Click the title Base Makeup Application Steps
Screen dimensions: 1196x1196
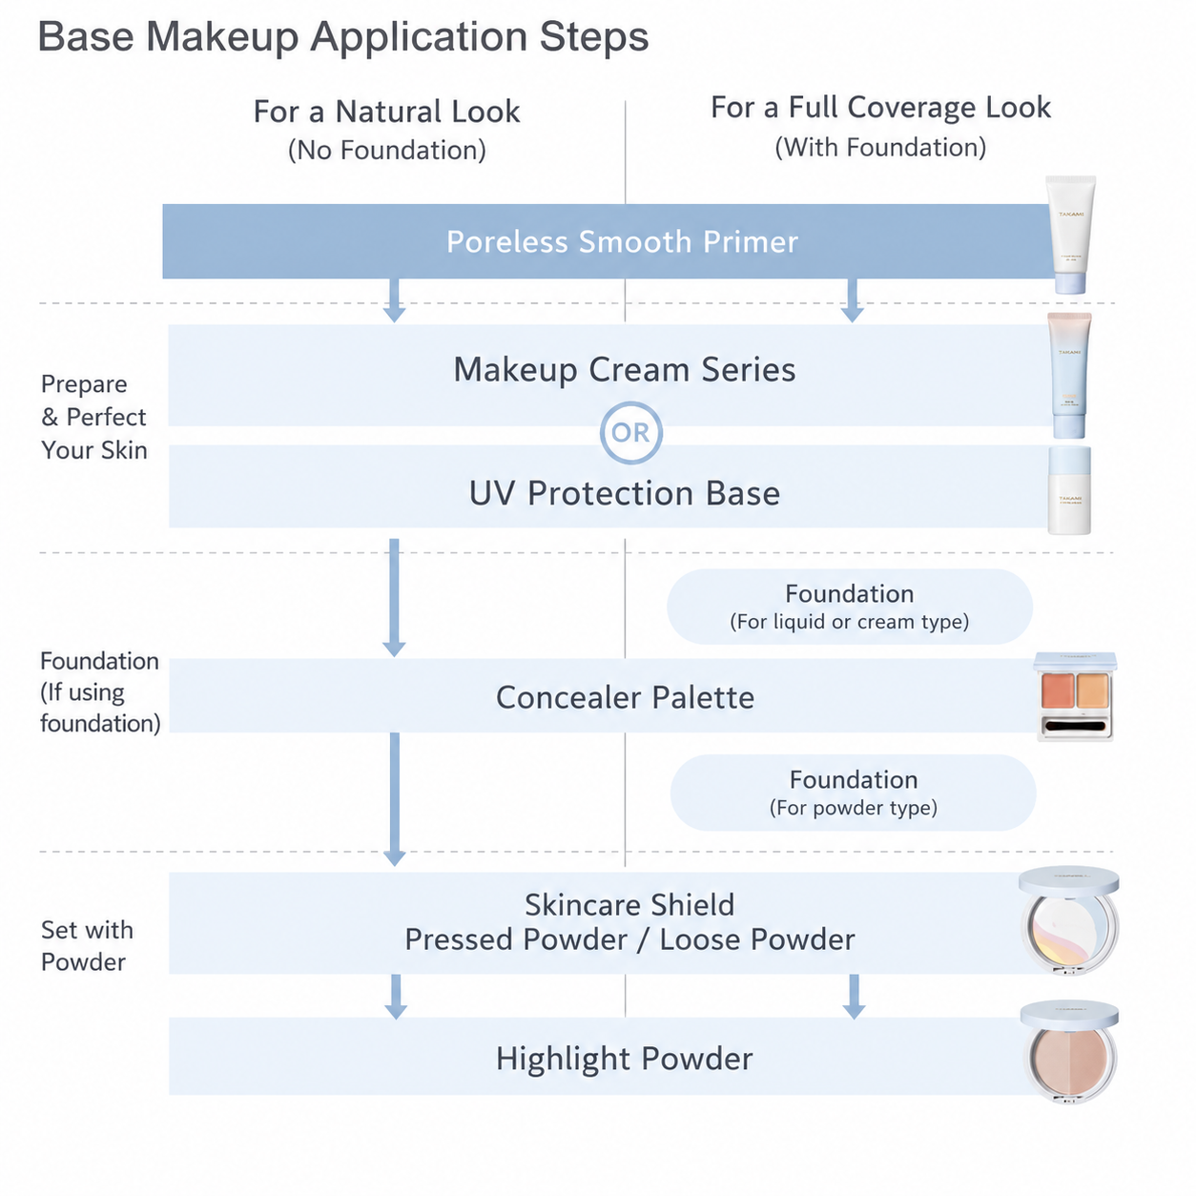click(342, 37)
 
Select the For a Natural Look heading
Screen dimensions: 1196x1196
click(386, 112)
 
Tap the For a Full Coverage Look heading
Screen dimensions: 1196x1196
click(880, 108)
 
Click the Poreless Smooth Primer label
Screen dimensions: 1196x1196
click(622, 241)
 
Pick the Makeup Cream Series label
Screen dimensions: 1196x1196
click(625, 370)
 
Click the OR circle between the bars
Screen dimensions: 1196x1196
click(630, 433)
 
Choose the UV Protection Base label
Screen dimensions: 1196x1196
click(625, 493)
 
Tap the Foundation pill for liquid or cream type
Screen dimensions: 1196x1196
click(850, 607)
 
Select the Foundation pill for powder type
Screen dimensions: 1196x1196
click(854, 793)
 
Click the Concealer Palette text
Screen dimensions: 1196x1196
click(625, 697)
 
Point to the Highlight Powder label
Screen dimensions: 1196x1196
click(625, 1059)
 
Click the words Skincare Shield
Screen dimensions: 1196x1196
click(629, 905)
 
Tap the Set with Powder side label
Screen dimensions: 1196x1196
click(87, 946)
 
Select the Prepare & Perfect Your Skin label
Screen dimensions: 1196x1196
click(93, 417)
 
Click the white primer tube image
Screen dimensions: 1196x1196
click(1070, 235)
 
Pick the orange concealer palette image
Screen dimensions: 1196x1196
click(1075, 696)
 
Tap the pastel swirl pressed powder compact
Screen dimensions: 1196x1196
click(1069, 919)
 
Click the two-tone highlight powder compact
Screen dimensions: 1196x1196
click(1069, 1052)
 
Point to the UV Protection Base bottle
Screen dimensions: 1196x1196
click(1069, 489)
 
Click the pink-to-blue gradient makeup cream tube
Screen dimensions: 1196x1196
click(1069, 376)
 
